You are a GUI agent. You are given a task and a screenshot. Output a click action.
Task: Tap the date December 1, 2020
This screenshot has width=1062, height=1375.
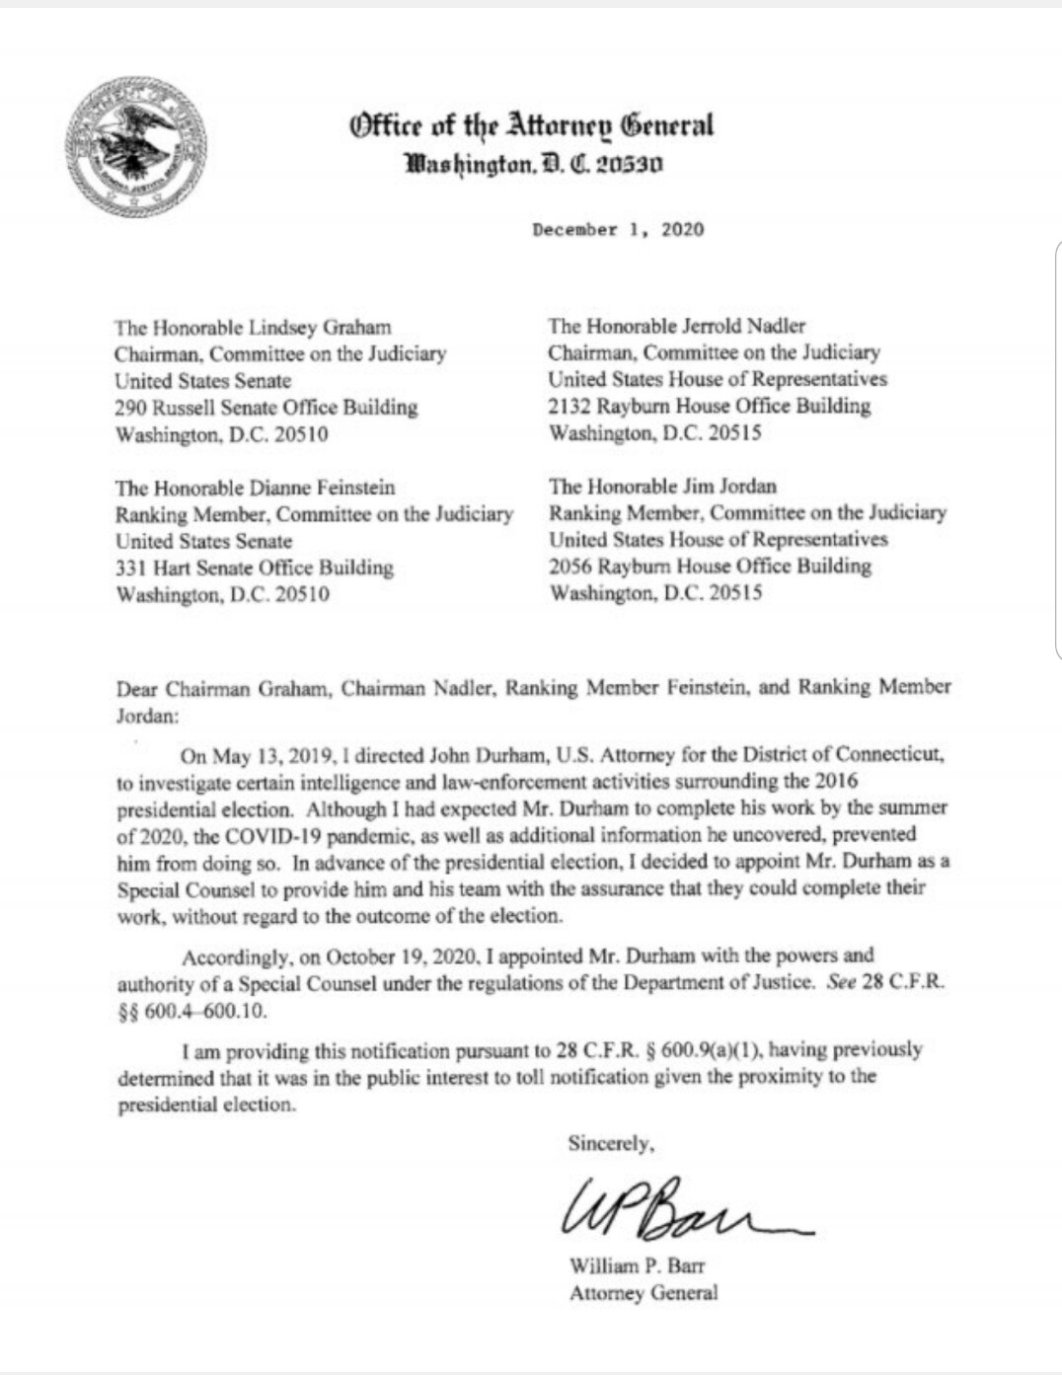tap(618, 230)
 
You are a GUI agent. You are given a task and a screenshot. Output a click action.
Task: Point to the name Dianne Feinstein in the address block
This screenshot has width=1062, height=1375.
tap(323, 488)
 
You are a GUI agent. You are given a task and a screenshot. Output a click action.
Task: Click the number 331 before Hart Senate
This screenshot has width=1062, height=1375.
tap(130, 568)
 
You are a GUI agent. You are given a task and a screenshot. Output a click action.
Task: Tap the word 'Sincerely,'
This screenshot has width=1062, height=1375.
tap(611, 1143)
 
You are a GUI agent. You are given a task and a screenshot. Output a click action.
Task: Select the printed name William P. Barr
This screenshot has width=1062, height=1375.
tap(637, 1265)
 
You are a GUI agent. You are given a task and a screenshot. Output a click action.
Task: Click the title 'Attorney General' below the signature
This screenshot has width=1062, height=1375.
tap(644, 1292)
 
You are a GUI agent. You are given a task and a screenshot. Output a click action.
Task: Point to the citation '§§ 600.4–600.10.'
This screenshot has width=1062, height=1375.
tap(191, 1012)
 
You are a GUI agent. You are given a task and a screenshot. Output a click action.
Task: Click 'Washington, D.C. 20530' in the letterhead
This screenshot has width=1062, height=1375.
tap(534, 163)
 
